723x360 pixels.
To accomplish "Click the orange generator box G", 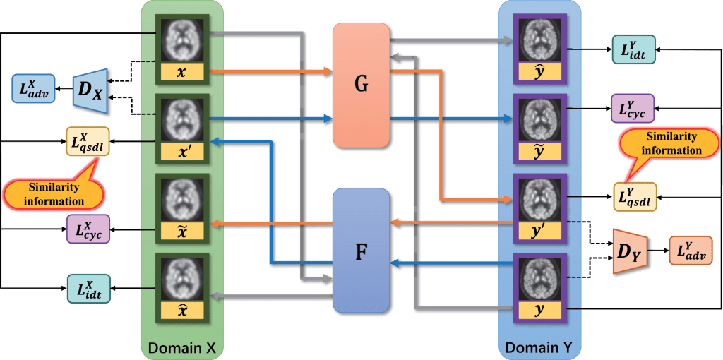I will click(x=361, y=85).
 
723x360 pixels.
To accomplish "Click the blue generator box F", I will click(x=361, y=250).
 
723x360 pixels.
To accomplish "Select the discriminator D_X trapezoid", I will click(x=90, y=90).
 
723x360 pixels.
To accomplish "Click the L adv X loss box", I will click(x=32, y=88).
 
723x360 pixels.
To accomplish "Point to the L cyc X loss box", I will click(x=88, y=229).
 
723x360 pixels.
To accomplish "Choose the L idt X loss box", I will click(x=88, y=288).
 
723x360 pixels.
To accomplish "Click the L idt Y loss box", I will click(x=633, y=49).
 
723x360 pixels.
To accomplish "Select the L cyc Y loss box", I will click(x=632, y=109).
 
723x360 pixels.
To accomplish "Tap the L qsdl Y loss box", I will click(x=633, y=198).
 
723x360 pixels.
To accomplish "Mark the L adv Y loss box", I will click(x=689, y=251).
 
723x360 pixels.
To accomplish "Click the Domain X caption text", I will click(x=182, y=347).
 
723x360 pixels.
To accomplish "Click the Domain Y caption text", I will click(x=539, y=347).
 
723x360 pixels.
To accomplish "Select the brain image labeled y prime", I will click(x=539, y=200).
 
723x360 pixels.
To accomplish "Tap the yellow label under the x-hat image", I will click(x=183, y=309).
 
